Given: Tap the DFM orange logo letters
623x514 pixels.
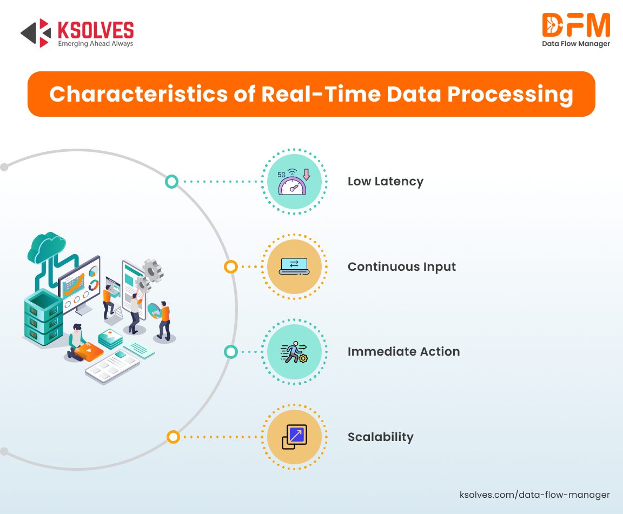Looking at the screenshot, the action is [576, 25].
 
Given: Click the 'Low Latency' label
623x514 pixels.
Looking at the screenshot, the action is [386, 182].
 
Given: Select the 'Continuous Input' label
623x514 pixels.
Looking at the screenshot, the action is [402, 266].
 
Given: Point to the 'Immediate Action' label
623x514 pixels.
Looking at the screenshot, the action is [403, 351].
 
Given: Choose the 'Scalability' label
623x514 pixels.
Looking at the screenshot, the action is [381, 437].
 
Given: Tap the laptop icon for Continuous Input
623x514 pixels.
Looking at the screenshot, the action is [294, 266].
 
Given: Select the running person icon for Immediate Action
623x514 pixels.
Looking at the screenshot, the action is [294, 352].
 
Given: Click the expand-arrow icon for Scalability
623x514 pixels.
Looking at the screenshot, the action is [294, 437].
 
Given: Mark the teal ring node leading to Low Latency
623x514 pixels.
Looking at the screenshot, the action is [171, 182].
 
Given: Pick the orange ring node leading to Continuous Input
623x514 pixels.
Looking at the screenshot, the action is [231, 266].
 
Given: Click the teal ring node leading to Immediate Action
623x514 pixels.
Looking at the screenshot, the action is [231, 351].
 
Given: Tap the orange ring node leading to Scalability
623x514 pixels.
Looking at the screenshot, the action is [173, 437].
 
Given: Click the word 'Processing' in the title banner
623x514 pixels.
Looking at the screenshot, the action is [510, 95].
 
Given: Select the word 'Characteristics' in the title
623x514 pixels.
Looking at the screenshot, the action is [138, 94].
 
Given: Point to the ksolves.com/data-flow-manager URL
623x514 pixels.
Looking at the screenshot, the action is [534, 495].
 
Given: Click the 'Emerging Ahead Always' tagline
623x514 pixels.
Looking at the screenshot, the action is [95, 44].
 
